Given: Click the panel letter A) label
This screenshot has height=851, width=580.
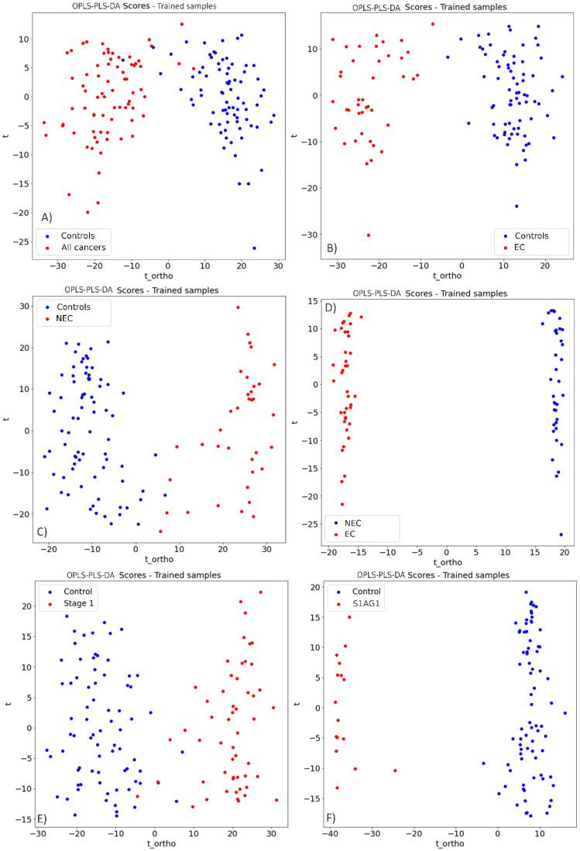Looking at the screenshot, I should (47, 217).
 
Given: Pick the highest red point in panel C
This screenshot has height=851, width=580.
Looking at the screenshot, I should (238, 307).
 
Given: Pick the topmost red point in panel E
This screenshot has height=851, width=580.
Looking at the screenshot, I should (260, 592).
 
